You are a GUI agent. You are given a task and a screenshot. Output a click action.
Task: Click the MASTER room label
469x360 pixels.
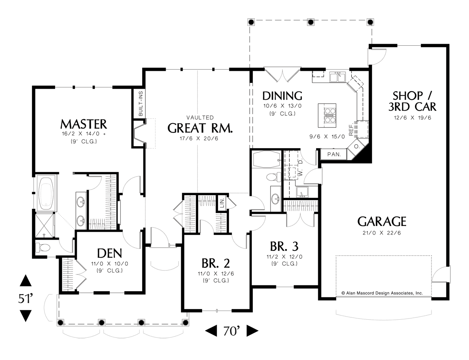pos(83,124)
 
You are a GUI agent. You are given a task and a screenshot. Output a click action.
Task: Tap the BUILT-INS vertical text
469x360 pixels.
pos(141,104)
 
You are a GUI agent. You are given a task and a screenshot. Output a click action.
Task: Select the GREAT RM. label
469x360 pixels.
pos(200,128)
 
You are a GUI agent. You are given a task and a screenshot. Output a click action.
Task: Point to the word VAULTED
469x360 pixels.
pos(200,117)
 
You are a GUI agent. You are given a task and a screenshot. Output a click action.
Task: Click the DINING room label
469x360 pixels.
pos(282,96)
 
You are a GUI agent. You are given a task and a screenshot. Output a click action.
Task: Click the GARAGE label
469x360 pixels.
pos(382,222)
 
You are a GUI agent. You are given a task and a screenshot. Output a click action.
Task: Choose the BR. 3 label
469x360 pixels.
pos(284,246)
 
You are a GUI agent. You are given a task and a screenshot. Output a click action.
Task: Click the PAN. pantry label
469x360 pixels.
pos(334,154)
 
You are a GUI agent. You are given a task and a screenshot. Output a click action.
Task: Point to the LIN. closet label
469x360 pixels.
pos(222,203)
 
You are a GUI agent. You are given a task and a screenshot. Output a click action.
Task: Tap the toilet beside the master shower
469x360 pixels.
pos(43,247)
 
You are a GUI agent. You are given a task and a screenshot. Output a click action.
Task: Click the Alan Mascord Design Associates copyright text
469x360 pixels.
pos(382,292)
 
